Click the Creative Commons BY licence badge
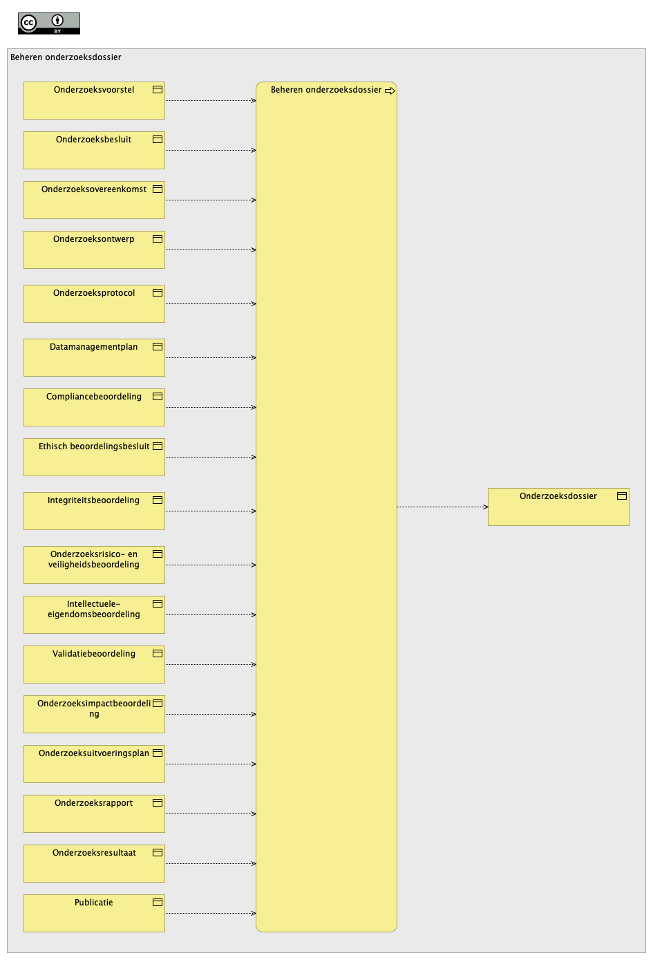tap(49, 23)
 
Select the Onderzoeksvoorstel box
tap(94, 101)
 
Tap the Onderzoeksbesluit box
tap(94, 151)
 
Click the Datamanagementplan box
tap(94, 358)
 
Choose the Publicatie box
tap(94, 913)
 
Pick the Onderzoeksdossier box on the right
tap(558, 507)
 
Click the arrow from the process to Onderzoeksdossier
tap(443, 507)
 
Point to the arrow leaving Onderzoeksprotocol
tap(211, 304)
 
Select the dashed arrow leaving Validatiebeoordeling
tap(211, 665)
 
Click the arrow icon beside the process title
tap(390, 91)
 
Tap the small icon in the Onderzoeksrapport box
tap(158, 802)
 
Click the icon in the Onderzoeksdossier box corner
tap(622, 496)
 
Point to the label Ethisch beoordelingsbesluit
tap(94, 446)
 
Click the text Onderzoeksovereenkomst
tap(94, 189)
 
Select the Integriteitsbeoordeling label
tap(93, 500)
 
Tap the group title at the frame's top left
tap(66, 57)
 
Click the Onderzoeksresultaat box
tap(94, 863)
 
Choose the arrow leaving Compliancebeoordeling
tap(211, 408)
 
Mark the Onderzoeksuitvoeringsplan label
tap(94, 753)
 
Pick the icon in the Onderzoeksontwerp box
tap(158, 238)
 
